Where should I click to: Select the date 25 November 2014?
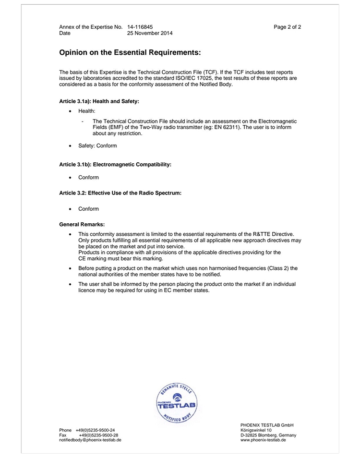[x=150, y=33]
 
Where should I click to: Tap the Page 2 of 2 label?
[x=288, y=27]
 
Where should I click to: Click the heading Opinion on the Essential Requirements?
[x=130, y=51]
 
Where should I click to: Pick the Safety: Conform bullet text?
[x=97, y=145]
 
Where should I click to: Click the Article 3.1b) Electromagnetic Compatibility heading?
[x=115, y=164]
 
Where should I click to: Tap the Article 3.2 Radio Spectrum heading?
[x=120, y=193]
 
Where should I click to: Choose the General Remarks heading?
[x=82, y=224]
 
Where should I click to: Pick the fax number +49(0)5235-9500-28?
[x=98, y=435]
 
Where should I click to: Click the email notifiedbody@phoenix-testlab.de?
[x=90, y=440]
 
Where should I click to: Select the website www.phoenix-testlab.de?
[x=263, y=440]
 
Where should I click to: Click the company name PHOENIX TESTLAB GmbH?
[x=266, y=425]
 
